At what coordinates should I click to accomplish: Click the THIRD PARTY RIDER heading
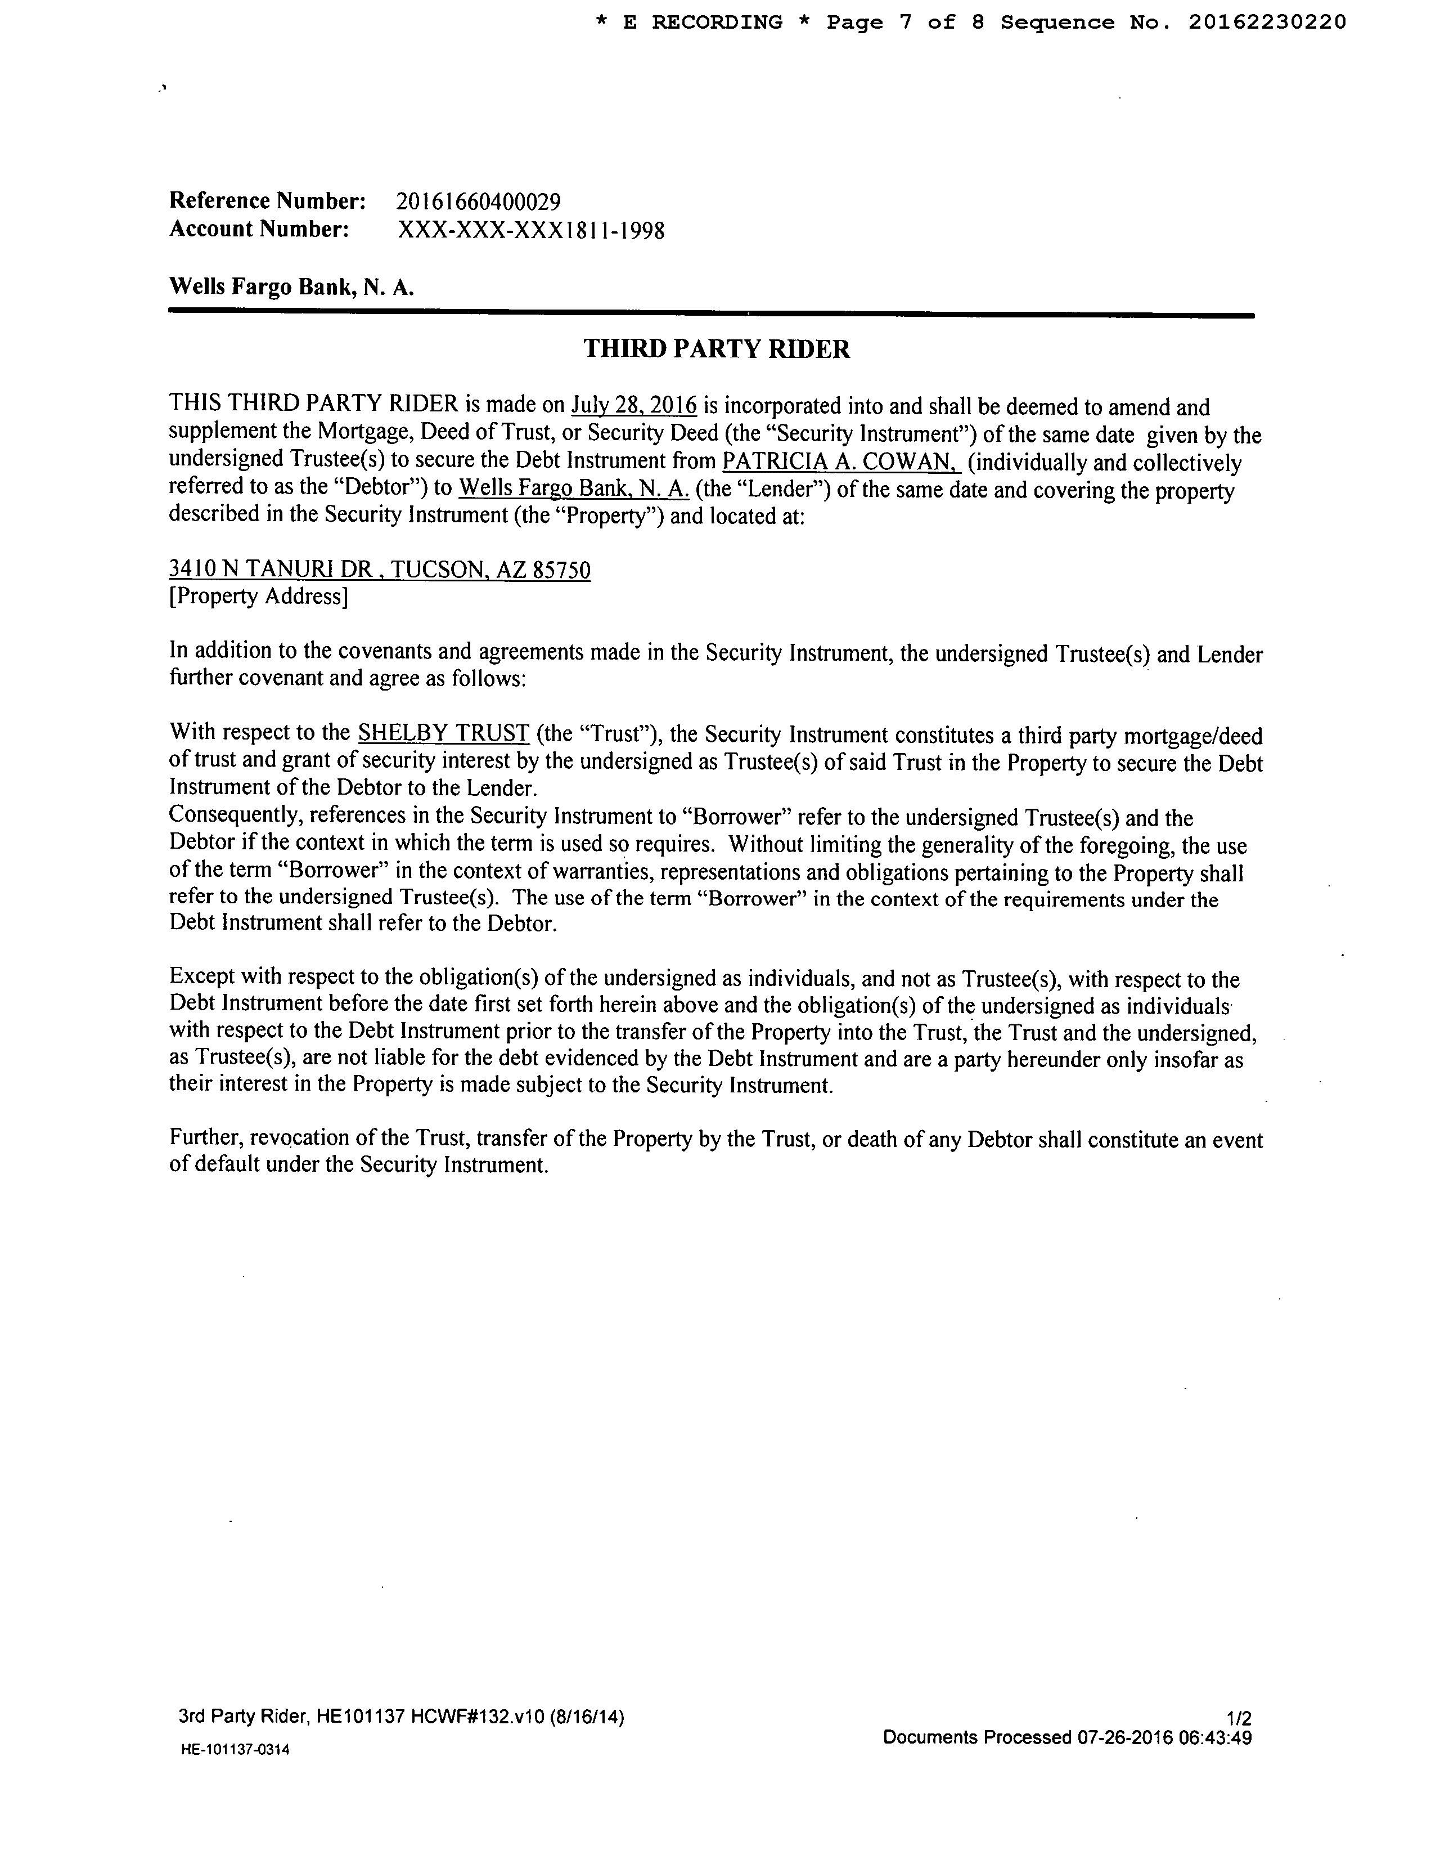(x=717, y=349)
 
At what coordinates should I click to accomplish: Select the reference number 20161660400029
(x=479, y=202)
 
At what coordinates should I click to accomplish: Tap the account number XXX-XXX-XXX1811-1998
(x=530, y=230)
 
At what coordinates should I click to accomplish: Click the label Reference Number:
(x=268, y=201)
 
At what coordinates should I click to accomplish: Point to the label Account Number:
(x=259, y=230)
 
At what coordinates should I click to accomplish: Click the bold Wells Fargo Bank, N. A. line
(x=292, y=287)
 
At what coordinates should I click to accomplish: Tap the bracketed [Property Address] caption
(x=259, y=596)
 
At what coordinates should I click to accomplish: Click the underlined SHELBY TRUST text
(x=444, y=733)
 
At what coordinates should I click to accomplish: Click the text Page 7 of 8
(x=905, y=22)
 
